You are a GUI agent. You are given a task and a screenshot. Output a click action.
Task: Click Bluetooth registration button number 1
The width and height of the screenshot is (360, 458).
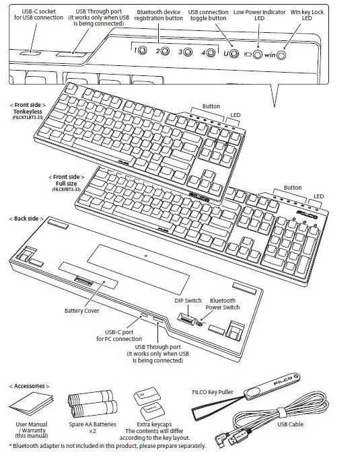coord(141,52)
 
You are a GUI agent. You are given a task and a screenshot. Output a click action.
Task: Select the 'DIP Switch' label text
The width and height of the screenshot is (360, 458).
coord(188,301)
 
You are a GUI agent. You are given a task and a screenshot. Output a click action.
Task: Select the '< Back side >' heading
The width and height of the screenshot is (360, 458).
coord(26,219)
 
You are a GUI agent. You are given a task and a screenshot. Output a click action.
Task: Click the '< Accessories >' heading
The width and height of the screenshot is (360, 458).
coord(31,386)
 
